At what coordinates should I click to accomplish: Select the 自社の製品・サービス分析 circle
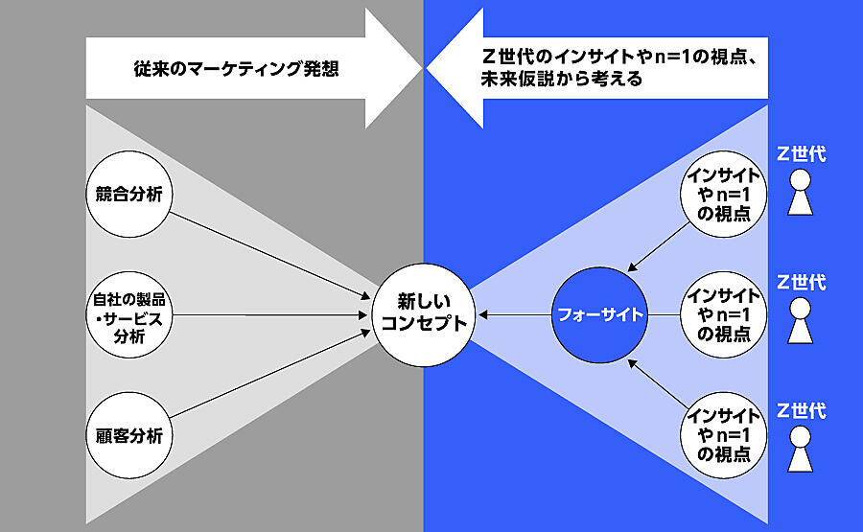coord(128,314)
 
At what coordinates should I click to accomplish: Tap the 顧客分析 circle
coord(128,434)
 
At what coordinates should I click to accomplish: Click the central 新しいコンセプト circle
coord(424,313)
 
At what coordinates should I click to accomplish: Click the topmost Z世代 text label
coord(801,153)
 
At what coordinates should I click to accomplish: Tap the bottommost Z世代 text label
coord(801,411)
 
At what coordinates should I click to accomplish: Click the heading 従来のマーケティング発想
coord(236,69)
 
